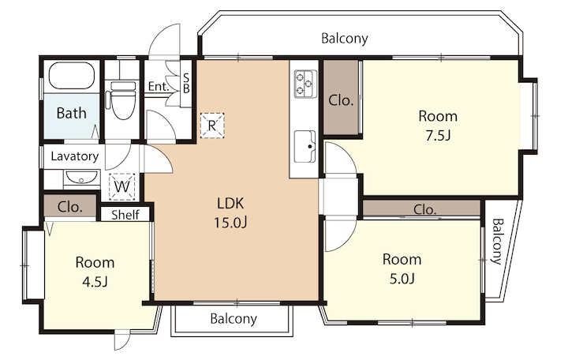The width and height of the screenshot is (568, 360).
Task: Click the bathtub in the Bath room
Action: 71,76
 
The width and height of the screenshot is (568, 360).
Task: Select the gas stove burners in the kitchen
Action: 305,84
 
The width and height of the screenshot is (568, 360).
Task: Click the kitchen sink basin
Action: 305,147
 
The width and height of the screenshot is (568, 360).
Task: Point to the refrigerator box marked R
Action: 212,126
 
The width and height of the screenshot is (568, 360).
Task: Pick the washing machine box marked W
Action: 122,186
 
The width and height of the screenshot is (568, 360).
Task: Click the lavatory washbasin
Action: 82,178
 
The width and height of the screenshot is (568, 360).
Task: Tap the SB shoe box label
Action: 186,83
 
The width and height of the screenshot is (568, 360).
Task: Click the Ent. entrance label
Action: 159,86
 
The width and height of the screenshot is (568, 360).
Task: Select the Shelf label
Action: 125,215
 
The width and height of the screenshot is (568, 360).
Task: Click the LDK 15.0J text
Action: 230,213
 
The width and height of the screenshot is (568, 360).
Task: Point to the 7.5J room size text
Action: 438,136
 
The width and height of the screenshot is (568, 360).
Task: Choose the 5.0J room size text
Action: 402,279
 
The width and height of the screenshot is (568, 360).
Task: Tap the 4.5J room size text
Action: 95,282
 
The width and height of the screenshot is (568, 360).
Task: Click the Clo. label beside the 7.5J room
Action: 341,100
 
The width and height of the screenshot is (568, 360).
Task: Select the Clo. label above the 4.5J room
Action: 70,207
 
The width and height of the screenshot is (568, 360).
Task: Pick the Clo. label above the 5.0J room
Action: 424,209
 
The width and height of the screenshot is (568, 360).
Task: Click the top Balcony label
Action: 345,38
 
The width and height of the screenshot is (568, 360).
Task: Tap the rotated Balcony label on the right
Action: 497,241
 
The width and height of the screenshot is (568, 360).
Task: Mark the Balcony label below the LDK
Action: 234,319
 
